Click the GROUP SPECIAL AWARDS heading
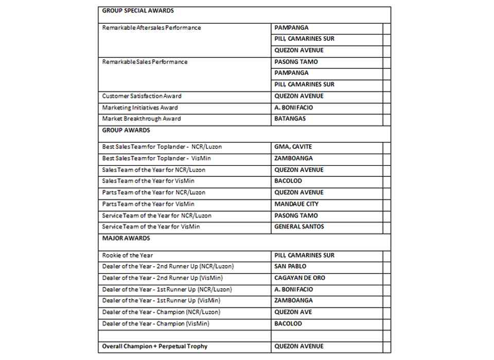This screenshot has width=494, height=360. (x=138, y=11)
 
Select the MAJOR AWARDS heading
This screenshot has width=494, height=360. (x=126, y=239)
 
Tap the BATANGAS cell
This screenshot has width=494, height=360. (x=290, y=119)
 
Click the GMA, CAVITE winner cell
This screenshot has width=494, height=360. (x=293, y=147)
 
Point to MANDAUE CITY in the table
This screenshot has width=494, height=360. (x=296, y=204)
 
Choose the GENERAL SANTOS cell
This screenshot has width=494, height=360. (x=299, y=227)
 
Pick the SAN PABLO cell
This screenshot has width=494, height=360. (x=290, y=266)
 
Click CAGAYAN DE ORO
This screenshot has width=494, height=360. (x=299, y=278)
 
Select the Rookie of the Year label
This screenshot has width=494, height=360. (x=127, y=256)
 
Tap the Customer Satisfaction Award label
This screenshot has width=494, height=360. (x=142, y=96)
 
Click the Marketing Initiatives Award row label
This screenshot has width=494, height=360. (x=140, y=108)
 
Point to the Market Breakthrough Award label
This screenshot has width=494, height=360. (x=142, y=119)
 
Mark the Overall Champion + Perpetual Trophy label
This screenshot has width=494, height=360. (x=154, y=347)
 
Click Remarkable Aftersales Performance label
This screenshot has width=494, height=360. (x=151, y=28)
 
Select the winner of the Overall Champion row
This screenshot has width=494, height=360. (x=299, y=347)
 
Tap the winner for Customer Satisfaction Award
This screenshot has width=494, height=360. (x=299, y=96)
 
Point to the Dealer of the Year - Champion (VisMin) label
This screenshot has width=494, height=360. (x=155, y=324)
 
